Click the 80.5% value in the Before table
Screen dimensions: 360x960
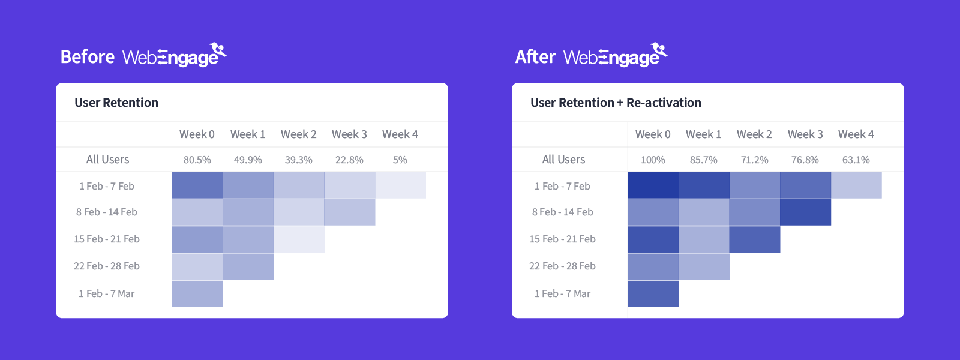pyautogui.click(x=197, y=160)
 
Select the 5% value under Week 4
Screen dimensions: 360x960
pyautogui.click(x=400, y=160)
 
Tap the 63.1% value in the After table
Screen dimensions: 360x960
pyautogui.click(x=856, y=160)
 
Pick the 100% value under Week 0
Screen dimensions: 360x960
pyautogui.click(x=653, y=160)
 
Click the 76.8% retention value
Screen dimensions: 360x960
pyautogui.click(x=805, y=160)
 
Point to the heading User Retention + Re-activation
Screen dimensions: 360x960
pyautogui.click(x=616, y=103)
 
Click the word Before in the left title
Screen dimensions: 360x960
pyautogui.click(x=88, y=57)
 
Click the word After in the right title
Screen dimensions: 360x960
pyautogui.click(x=535, y=57)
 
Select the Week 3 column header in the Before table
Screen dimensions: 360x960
pyautogui.click(x=349, y=134)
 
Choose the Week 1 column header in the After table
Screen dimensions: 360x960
pyautogui.click(x=703, y=134)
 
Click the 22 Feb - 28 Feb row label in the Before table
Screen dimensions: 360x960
pyautogui.click(x=107, y=266)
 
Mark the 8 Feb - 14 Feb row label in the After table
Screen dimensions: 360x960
pyautogui.click(x=562, y=212)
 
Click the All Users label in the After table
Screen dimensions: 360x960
pyautogui.click(x=563, y=160)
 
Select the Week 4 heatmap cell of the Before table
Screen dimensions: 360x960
pyautogui.click(x=401, y=185)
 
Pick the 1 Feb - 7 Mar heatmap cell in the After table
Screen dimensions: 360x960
pyautogui.click(x=653, y=293)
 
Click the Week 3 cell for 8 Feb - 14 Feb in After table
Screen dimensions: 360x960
pyautogui.click(x=805, y=212)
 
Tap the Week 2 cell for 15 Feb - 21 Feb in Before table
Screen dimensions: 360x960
pyautogui.click(x=299, y=239)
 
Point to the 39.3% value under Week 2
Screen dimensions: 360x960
pyautogui.click(x=298, y=160)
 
